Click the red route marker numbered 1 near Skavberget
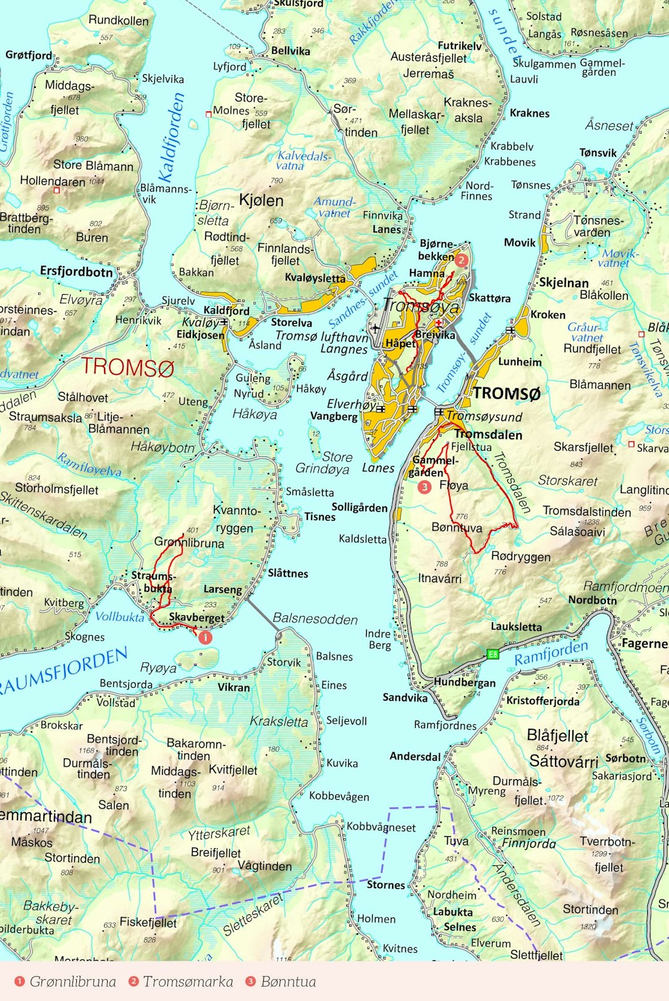pos(205,636)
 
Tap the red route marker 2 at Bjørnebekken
pos(461,260)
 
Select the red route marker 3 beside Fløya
pos(424,487)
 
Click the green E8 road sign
pos(492,654)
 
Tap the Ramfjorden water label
pos(551,653)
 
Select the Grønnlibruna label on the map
pos(189,543)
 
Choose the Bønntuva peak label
pos(457,527)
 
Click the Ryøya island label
pos(158,667)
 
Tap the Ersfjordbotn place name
pos(76,271)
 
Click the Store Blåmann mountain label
pos(93,166)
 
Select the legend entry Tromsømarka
pos(188,981)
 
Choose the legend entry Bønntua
pos(288,981)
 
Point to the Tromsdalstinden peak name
pos(587,511)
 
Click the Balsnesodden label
pos(315,619)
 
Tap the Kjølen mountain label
pos(261,201)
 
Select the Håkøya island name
pos(255,414)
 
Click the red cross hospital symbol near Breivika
pos(439,323)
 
